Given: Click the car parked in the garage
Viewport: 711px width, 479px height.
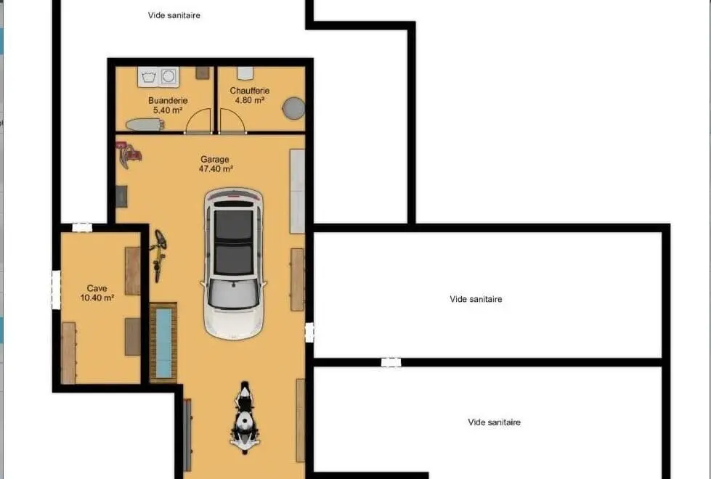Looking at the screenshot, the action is coord(234,263).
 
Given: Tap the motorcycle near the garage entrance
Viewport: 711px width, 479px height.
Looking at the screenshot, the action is coord(245,417).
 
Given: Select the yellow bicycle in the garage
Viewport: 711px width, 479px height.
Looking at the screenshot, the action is coord(158,255).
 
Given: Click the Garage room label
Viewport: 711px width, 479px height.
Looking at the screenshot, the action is coord(215,160).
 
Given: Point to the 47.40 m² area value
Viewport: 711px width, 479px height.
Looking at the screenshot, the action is coord(216,169).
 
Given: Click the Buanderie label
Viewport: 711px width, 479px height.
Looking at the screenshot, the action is coord(168,101).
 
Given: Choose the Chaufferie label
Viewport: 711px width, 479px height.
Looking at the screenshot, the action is coord(249,91).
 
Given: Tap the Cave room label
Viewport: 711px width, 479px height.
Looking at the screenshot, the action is coord(97,288).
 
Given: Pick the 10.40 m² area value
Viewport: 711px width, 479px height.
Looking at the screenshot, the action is coord(97,298).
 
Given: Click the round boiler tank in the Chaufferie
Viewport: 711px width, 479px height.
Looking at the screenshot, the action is coord(294,108).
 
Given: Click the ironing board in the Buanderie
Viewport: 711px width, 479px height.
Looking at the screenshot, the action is coord(144,124).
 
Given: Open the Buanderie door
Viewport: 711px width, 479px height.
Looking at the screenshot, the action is coord(198,121).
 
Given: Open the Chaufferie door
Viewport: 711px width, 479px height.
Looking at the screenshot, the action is coord(232,121).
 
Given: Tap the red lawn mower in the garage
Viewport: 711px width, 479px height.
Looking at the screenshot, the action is coord(128,154).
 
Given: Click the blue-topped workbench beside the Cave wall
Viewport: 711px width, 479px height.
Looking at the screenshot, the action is coord(163,343).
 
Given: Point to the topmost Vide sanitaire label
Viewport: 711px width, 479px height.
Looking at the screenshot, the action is coord(174,15).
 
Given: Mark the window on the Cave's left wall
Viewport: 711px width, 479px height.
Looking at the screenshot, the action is coord(56,290).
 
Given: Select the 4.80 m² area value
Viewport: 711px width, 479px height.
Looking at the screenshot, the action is coord(249,100).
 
